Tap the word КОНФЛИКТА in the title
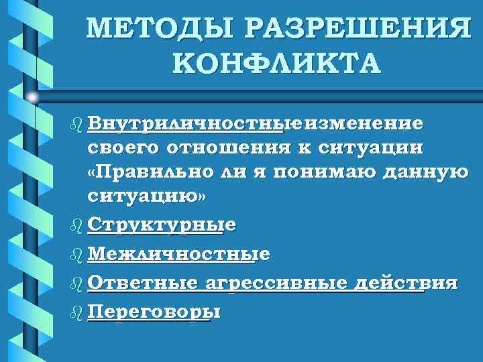(x=275, y=63)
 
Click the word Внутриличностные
(x=195, y=125)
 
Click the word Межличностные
(x=178, y=254)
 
